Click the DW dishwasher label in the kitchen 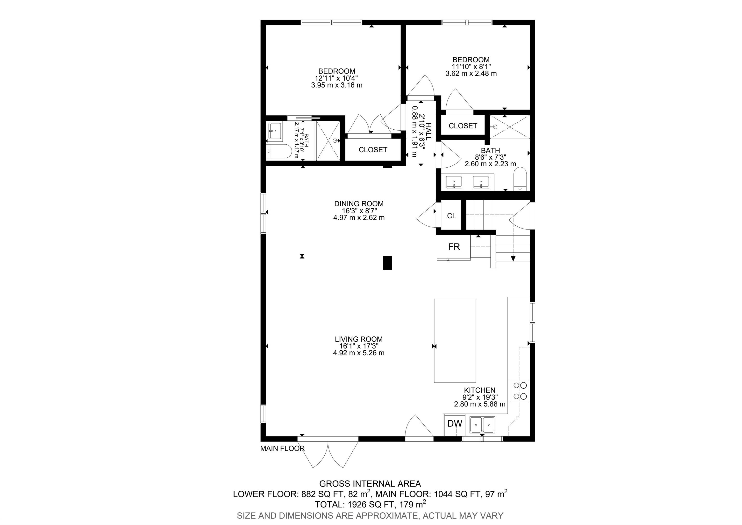coord(455,423)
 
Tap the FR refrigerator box coord(454,247)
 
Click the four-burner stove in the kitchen coord(519,391)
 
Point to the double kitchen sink coord(482,425)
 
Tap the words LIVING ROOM coord(359,339)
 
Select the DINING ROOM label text coord(359,204)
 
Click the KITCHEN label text coord(480,391)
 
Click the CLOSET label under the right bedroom coord(463,126)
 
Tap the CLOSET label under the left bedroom coord(373,150)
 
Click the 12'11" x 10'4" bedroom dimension coord(336,78)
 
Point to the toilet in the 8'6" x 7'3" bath coord(520,178)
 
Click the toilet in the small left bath coord(279,151)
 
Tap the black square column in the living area coord(387,263)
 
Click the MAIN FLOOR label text coord(282,449)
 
